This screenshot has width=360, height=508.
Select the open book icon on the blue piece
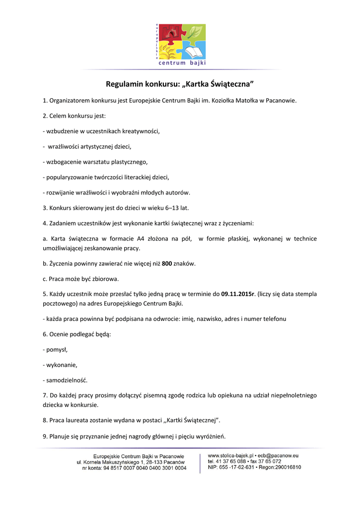[x=195, y=51]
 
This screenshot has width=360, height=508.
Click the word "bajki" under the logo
[x=196, y=63]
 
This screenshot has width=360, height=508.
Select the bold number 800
[x=167, y=263]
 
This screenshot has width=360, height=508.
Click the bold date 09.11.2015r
[x=238, y=294]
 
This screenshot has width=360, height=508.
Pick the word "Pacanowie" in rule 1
[x=281, y=101]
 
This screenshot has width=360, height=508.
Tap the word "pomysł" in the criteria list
[x=57, y=350]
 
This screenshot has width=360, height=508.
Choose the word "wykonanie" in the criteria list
[x=62, y=365]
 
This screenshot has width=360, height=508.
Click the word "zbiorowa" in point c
[x=106, y=278]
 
